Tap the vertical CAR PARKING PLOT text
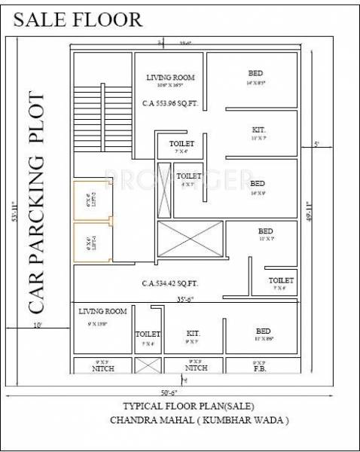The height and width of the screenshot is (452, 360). coord(38,203)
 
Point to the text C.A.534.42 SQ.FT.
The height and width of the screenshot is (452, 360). coord(169,284)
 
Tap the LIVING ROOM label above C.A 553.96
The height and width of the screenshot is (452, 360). coord(170,77)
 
